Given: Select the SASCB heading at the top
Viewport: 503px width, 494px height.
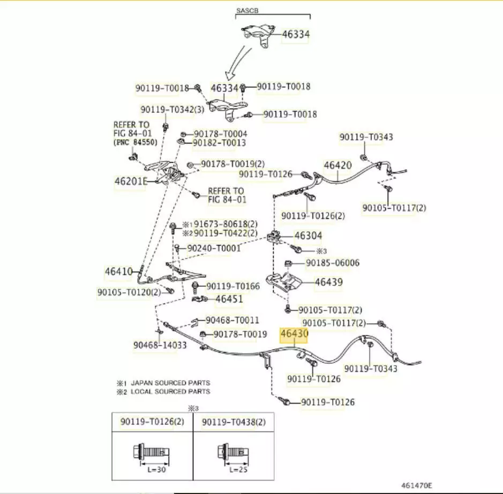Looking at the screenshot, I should click(x=247, y=10).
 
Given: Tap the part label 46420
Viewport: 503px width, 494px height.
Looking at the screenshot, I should click(x=337, y=165).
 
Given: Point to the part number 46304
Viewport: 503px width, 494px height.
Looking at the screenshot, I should click(x=309, y=236).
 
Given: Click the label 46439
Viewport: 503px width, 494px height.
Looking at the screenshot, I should click(x=328, y=282).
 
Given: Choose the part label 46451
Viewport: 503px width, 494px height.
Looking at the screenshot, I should click(x=229, y=299).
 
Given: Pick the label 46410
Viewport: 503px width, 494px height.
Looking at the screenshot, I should click(x=118, y=272).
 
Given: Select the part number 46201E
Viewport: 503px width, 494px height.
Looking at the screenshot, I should click(x=130, y=181).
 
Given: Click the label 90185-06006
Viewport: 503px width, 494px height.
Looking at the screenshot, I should click(x=333, y=263).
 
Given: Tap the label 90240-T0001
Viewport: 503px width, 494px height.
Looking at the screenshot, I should click(x=214, y=248).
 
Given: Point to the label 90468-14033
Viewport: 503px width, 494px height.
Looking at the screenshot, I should click(x=160, y=345).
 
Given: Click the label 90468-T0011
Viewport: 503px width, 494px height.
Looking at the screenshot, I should click(x=232, y=320).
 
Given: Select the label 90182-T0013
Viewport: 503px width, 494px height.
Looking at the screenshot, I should click(x=220, y=143).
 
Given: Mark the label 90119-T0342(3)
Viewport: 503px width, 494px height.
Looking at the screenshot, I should click(x=172, y=109).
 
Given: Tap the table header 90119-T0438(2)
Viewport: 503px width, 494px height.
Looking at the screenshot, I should click(x=234, y=422).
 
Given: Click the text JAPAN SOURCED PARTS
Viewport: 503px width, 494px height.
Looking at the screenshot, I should click(x=170, y=383).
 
